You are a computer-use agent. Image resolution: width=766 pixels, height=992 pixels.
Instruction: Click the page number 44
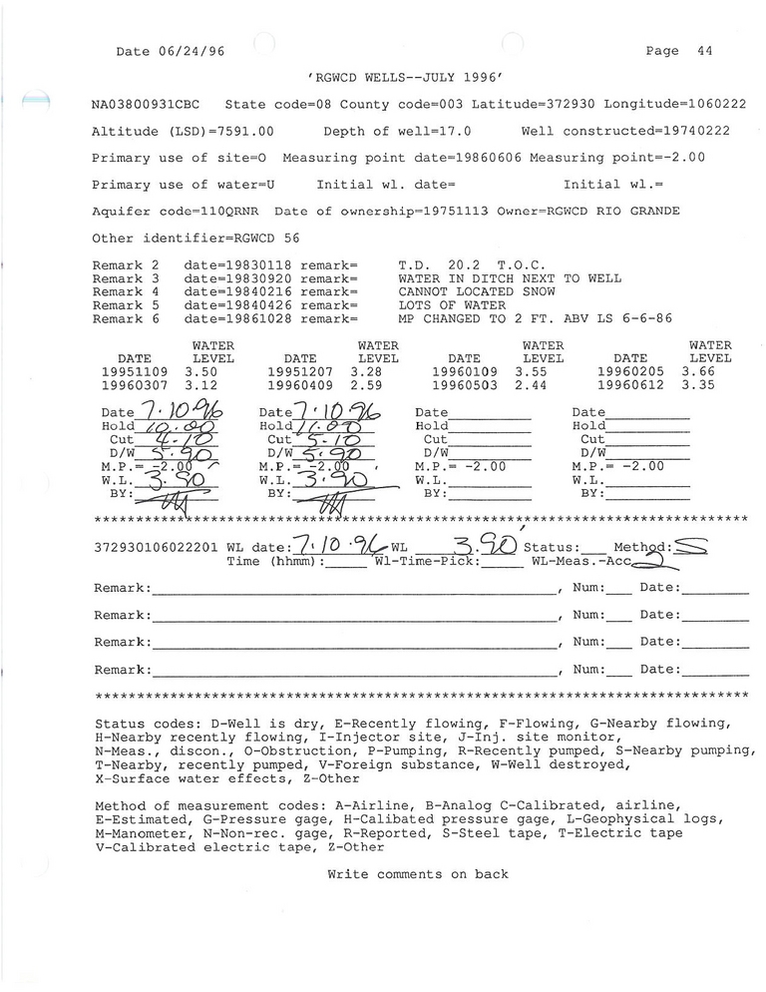tap(704, 51)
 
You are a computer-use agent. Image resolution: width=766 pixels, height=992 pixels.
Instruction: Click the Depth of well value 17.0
tap(454, 131)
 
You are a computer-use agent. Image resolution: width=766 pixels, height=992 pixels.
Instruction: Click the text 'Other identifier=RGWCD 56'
tap(194, 238)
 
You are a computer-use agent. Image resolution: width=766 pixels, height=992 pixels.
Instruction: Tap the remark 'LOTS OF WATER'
tap(451, 305)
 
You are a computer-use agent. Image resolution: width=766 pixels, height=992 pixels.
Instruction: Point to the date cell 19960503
tap(464, 385)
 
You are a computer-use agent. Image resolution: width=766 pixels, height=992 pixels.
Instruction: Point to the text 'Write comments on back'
tap(418, 874)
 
